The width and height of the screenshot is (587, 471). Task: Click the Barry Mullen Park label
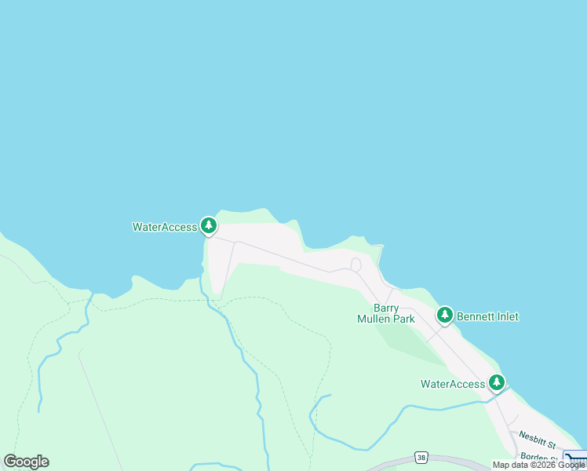pos(386,313)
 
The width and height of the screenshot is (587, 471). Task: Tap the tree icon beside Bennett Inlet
pos(445,316)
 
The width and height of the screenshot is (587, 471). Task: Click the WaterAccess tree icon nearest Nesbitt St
pos(497,383)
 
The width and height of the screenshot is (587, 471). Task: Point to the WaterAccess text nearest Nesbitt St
pos(453,384)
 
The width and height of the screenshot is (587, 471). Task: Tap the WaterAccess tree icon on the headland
pos(208,226)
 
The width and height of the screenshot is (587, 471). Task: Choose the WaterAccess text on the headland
pos(165,227)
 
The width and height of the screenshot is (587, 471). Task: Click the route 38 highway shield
pos(421,457)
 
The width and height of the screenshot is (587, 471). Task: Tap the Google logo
pos(26,462)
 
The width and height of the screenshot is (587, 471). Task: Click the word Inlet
pos(504,316)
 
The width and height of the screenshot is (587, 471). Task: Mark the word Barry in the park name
pos(386,308)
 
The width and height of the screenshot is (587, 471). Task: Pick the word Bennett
pos(474,316)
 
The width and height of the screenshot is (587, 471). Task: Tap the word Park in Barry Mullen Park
pos(404,319)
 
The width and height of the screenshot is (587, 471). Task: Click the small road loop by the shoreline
pos(356,265)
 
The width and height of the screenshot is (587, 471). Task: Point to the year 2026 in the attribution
pos(546,466)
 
